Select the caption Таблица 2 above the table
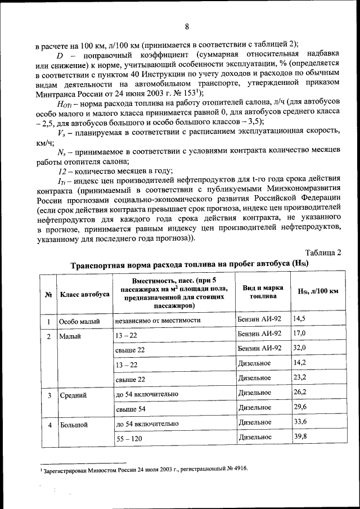pyautogui.click(x=323, y=252)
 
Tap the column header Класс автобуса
pyautogui.click(x=84, y=294)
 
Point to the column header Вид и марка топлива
pyautogui.click(x=259, y=292)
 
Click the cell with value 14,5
pyautogui.click(x=299, y=319)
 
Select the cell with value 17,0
pyautogui.click(x=299, y=334)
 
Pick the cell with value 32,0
pyautogui.click(x=299, y=348)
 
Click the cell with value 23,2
pyautogui.click(x=299, y=377)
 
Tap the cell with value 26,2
pyautogui.click(x=299, y=392)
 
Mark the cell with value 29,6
pyautogui.click(x=299, y=407)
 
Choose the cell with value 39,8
pyautogui.click(x=299, y=436)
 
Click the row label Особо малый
pyautogui.click(x=80, y=322)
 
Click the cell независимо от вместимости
pyautogui.click(x=157, y=321)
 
